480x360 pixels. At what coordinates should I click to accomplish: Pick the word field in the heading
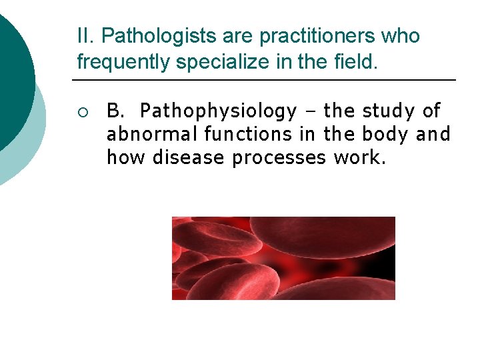(359, 63)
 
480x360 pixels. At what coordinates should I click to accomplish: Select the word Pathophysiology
(219, 111)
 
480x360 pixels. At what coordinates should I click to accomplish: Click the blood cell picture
(283, 258)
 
